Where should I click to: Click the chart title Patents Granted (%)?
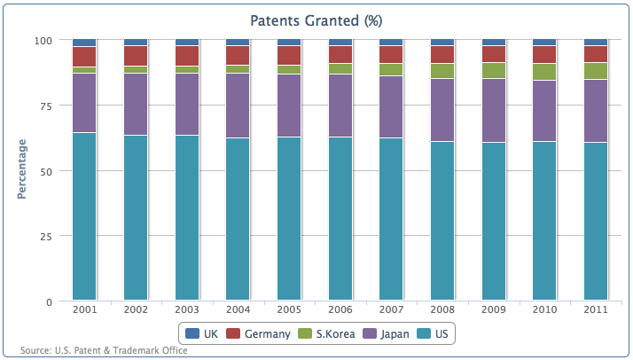click(316, 20)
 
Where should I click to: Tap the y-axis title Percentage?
click(22, 169)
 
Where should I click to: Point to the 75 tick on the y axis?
click(44, 106)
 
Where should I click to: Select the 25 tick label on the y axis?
click(45, 237)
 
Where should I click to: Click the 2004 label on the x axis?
click(238, 309)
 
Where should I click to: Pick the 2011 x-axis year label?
click(596, 309)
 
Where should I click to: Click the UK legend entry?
click(201, 333)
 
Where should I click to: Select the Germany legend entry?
click(258, 333)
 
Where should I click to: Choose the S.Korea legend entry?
click(326, 333)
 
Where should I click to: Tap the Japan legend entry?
click(386, 333)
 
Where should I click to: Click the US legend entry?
click(433, 333)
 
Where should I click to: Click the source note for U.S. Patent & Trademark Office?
click(104, 350)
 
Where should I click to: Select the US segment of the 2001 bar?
click(84, 216)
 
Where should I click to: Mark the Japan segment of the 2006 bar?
click(340, 106)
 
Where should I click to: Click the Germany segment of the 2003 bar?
click(187, 56)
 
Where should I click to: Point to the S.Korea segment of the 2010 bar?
click(544, 72)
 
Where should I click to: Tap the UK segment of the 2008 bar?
click(442, 43)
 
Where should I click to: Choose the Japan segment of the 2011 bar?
click(596, 111)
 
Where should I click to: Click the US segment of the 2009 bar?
click(493, 221)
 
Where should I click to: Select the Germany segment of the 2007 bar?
click(391, 54)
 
